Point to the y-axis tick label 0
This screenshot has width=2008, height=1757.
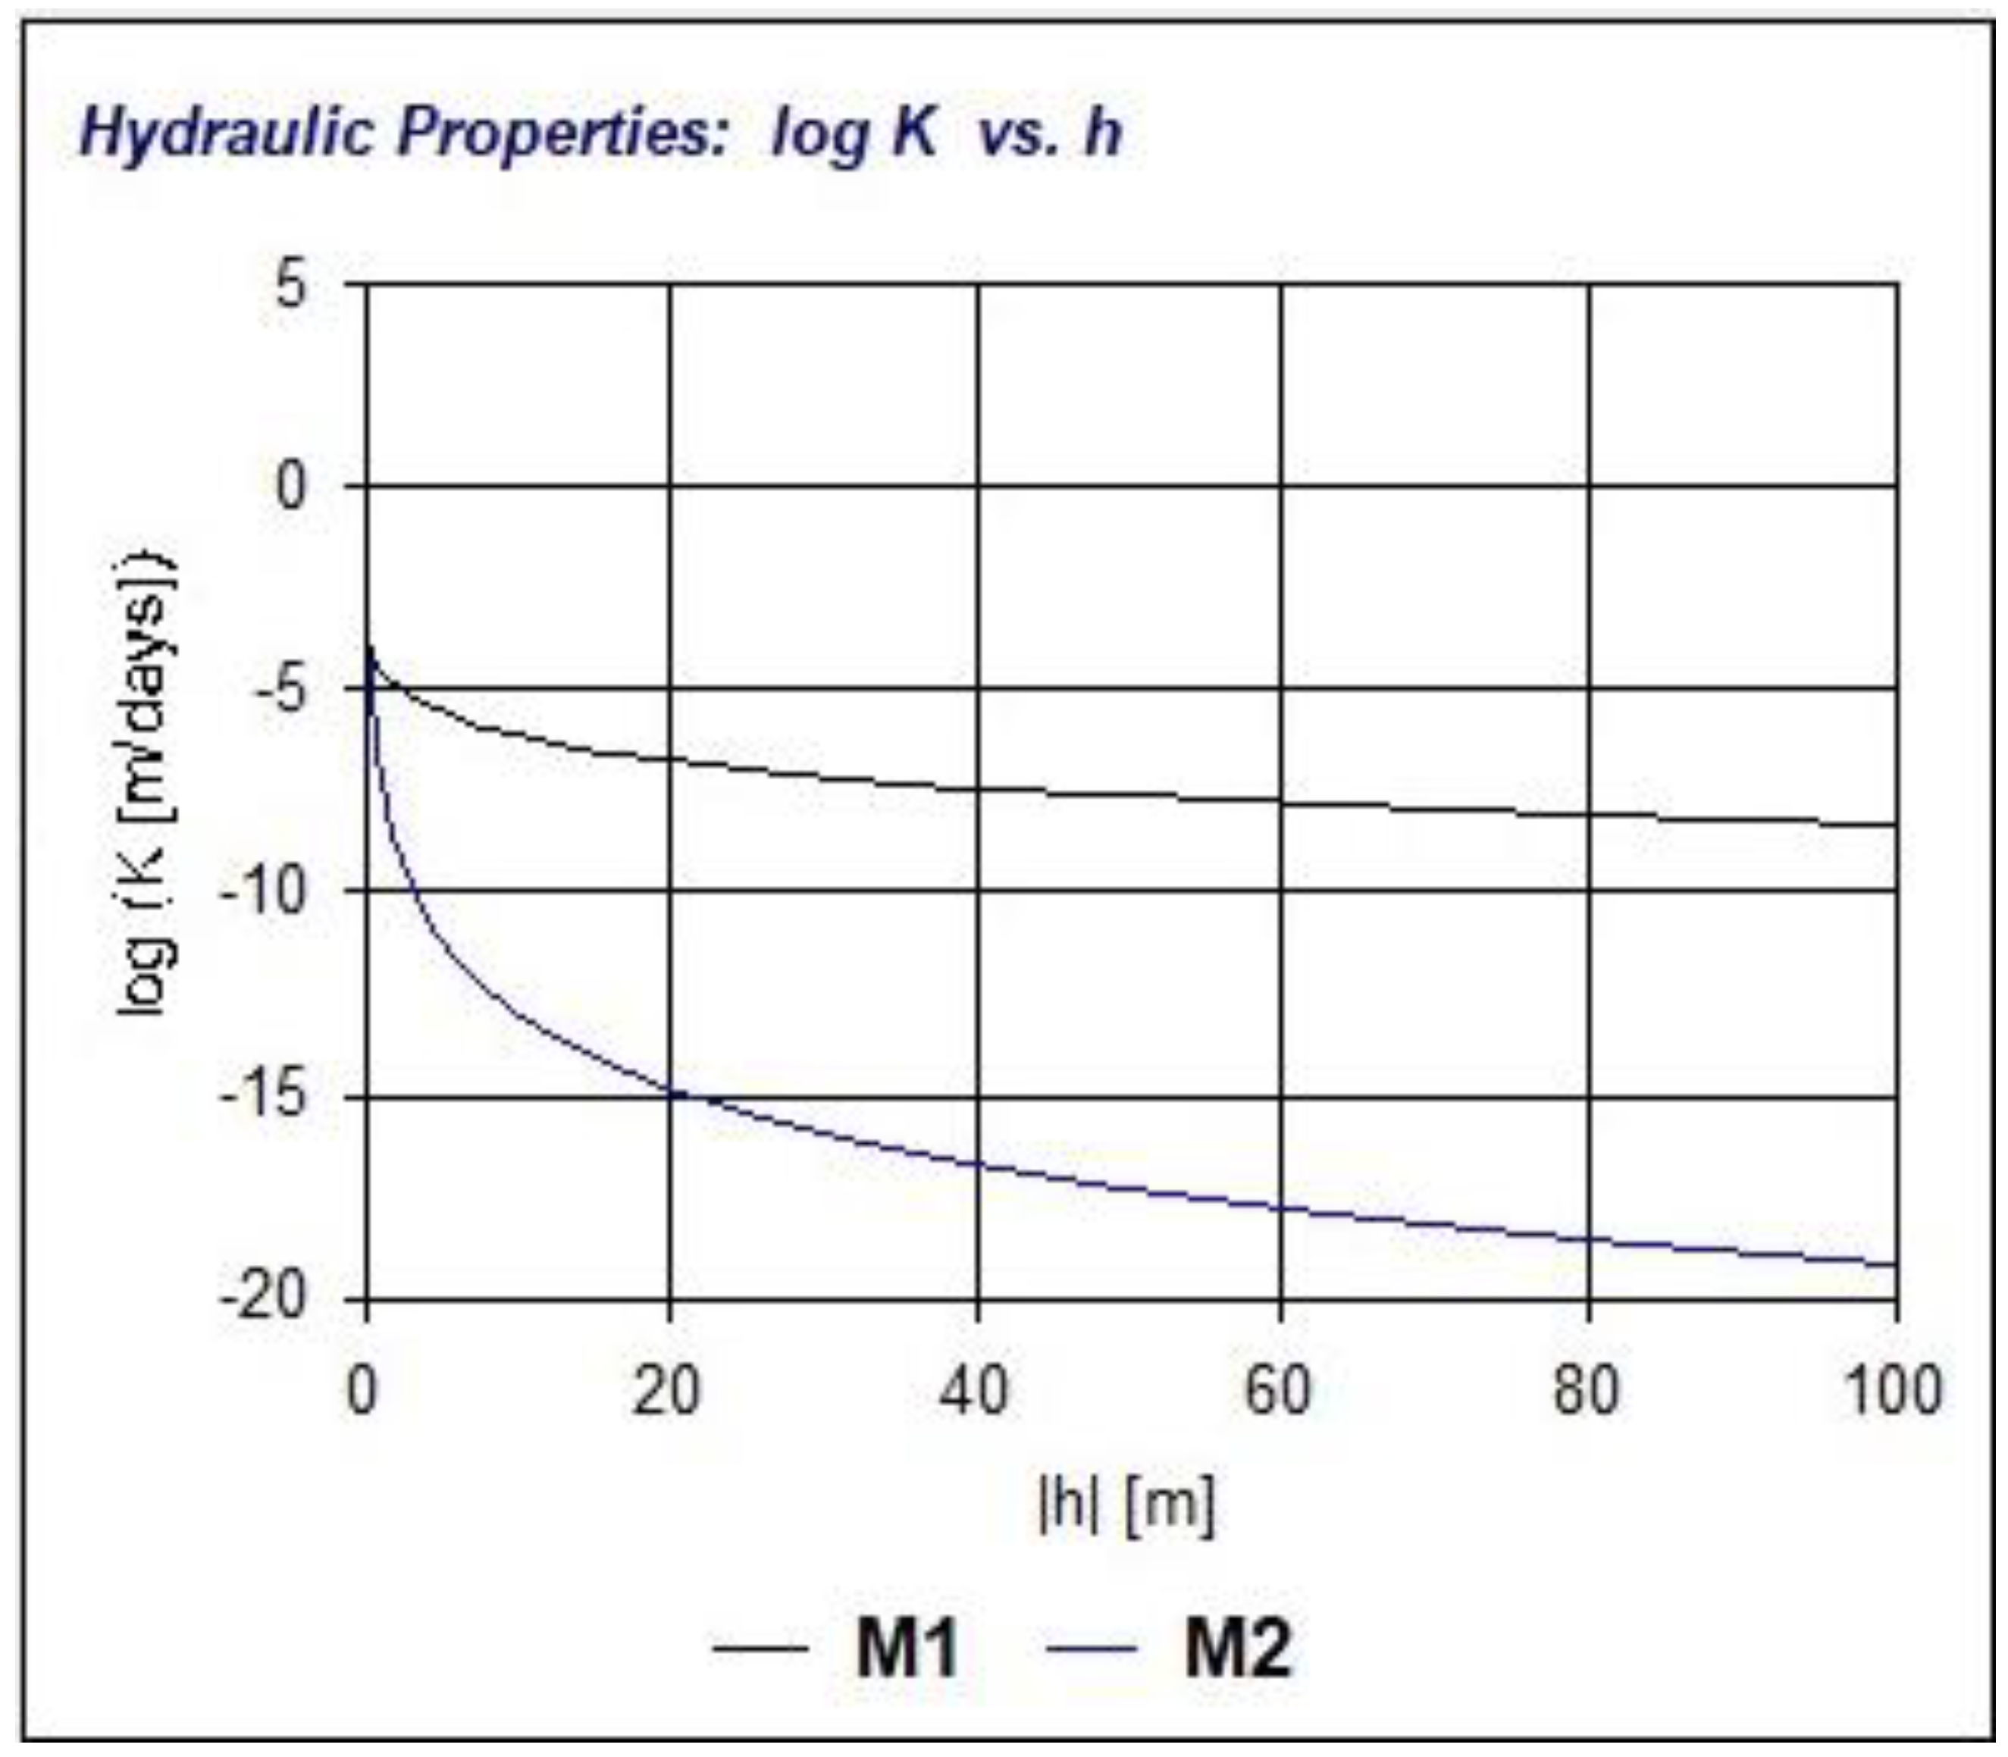[291, 487]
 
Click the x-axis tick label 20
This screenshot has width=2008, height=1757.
[667, 1390]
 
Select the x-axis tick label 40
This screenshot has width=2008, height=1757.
[973, 1390]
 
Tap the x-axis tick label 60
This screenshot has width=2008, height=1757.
[1279, 1390]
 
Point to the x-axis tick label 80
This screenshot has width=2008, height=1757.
[1587, 1390]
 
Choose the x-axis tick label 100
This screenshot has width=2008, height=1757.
[1892, 1390]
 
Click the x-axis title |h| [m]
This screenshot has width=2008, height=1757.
[1126, 1505]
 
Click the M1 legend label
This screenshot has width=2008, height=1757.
[906, 1649]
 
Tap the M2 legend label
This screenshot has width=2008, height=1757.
[1237, 1649]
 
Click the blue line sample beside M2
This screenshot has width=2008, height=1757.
[1093, 1649]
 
